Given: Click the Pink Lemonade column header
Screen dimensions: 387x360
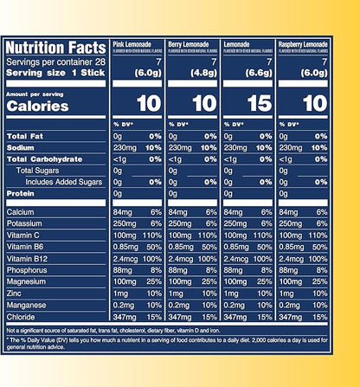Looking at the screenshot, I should pos(134,42).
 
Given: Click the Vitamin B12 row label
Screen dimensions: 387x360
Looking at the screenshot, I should pos(28,257).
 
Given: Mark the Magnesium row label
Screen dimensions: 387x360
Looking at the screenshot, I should pos(28,281).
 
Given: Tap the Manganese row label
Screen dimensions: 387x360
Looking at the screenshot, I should pos(28,305).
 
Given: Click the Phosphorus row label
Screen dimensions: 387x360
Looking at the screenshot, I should pos(29,269).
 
